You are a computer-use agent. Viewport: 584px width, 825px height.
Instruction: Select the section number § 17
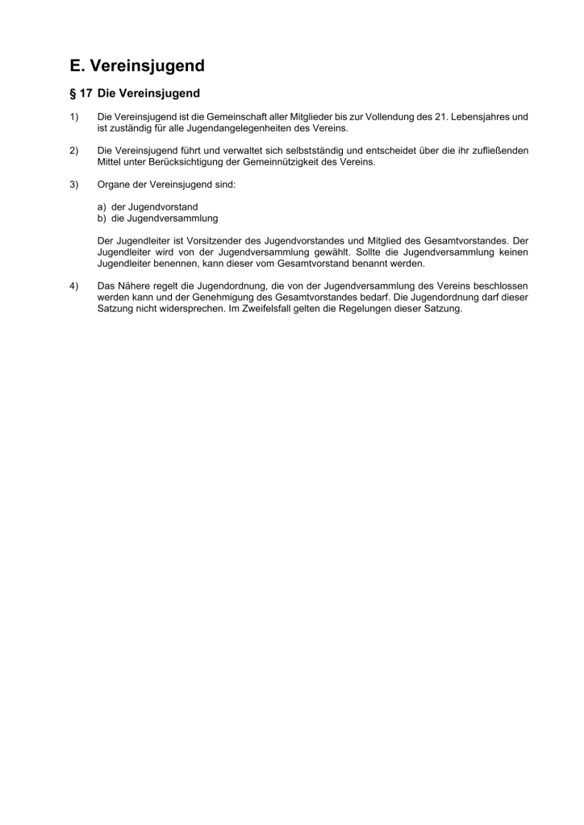click(x=80, y=94)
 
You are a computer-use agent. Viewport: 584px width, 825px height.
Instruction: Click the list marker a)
click(x=102, y=207)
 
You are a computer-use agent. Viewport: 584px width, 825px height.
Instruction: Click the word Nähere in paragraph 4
click(x=134, y=286)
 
